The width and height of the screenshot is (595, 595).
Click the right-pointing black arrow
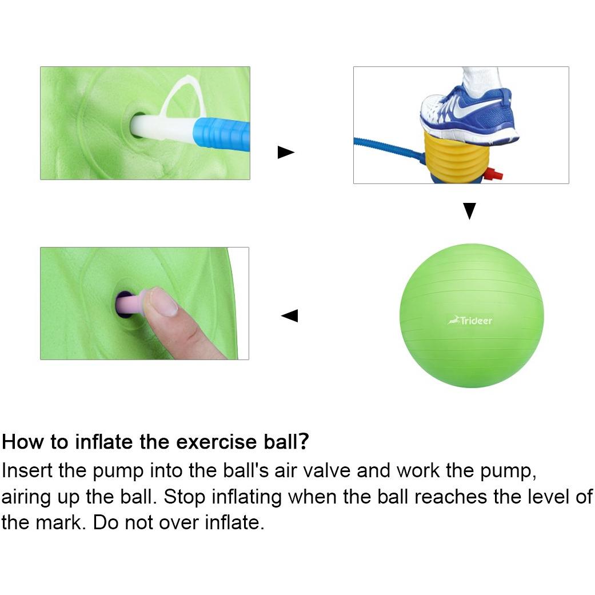[x=286, y=152]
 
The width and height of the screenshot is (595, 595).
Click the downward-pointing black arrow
[x=469, y=211]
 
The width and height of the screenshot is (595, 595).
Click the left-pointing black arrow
[x=290, y=316]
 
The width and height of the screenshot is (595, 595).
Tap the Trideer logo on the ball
[x=470, y=321]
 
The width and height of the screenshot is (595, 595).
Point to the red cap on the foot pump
[x=495, y=174]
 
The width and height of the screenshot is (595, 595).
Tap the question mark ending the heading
[x=303, y=442]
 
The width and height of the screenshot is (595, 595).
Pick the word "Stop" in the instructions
[x=185, y=497]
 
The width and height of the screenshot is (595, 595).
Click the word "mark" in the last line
[x=59, y=522]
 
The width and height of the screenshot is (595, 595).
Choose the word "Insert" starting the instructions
[x=27, y=470]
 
